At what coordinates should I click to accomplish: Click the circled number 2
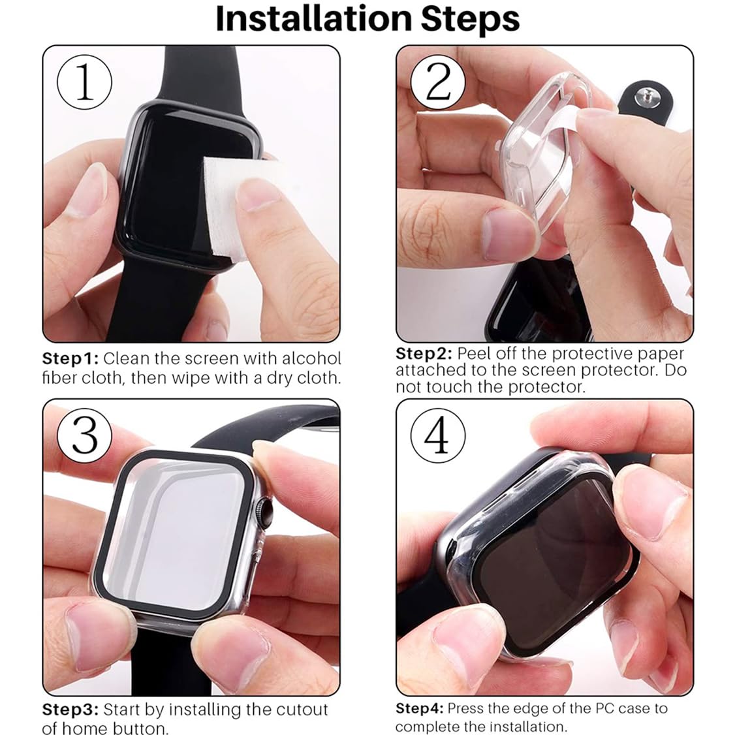pyautogui.click(x=437, y=83)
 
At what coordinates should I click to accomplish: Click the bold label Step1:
pyautogui.click(x=70, y=358)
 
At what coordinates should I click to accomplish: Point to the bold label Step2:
pyautogui.click(x=424, y=354)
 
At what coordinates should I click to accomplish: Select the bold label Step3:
pyautogui.click(x=70, y=710)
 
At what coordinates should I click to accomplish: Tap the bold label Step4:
pyautogui.click(x=419, y=708)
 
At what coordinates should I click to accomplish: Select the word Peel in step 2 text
pyautogui.click(x=473, y=354)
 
